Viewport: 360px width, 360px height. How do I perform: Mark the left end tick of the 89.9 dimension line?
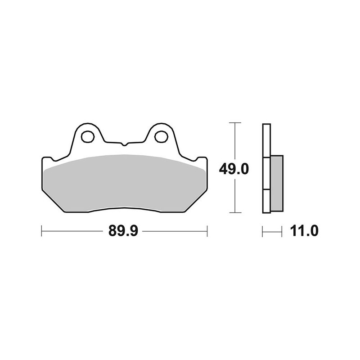tap(41, 232)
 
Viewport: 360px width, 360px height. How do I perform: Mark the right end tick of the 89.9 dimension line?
tap(207, 232)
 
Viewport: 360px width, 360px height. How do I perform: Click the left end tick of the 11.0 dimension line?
tap(263, 232)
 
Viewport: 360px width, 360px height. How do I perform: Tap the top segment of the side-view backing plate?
tap(266, 140)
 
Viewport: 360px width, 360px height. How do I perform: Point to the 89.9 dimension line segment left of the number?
tap(72, 232)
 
